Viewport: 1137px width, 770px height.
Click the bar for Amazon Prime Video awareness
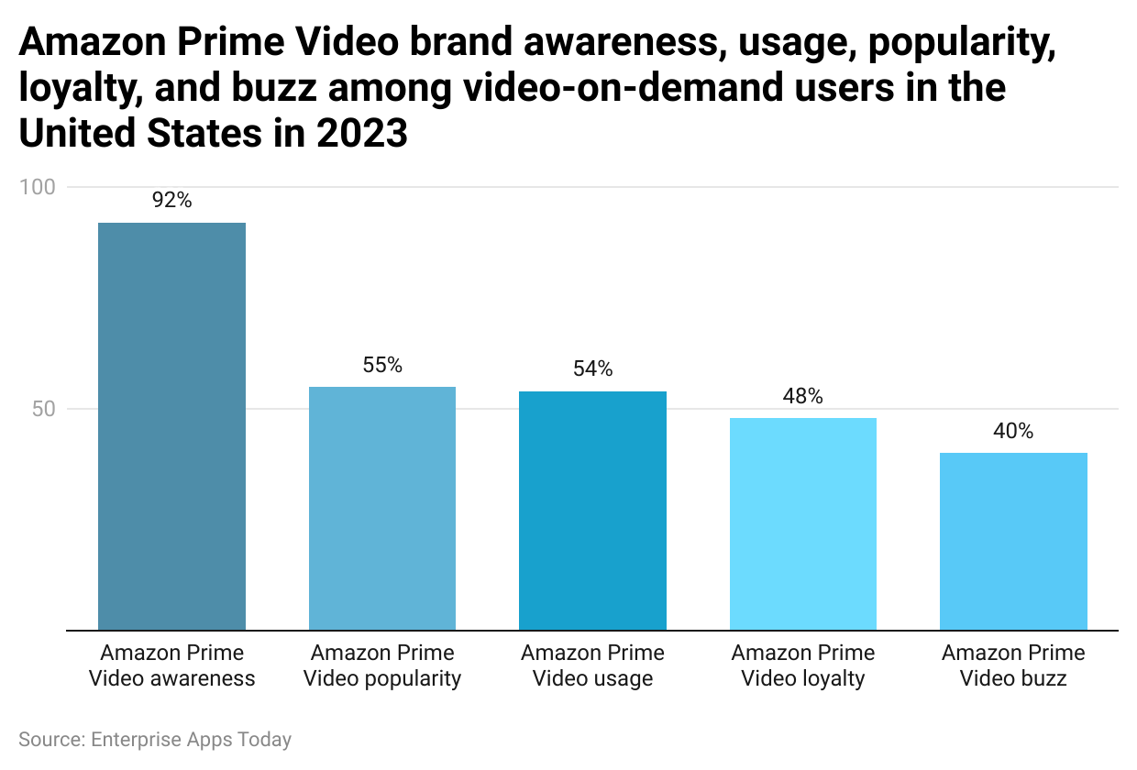171,426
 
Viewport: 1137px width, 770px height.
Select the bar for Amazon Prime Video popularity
382,509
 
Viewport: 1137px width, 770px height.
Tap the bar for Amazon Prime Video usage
592,511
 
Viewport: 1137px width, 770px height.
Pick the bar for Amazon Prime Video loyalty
803,524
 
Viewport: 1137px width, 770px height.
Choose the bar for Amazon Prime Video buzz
1013,542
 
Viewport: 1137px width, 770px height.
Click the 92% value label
171,201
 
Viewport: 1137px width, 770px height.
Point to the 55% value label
382,365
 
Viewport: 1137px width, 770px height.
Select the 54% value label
592,369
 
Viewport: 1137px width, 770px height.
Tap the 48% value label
803,396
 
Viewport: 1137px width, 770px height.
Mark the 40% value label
1013,431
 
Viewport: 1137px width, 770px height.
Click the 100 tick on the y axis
38,187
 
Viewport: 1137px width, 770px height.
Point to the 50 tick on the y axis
44,409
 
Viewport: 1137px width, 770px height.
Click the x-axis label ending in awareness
171,665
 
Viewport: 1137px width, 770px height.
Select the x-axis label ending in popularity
382,665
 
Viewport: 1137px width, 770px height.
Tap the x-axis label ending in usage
592,665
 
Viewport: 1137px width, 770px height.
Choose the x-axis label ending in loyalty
803,665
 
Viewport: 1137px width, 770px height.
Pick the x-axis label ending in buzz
1013,665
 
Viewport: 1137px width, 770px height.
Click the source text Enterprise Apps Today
155,739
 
